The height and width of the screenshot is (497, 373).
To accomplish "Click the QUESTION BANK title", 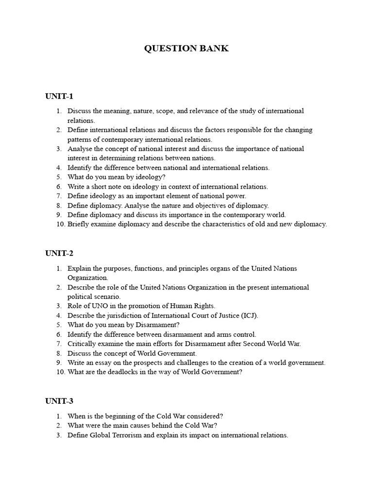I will pyautogui.click(x=186, y=49).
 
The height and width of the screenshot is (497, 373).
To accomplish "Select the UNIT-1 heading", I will pyautogui.click(x=59, y=96).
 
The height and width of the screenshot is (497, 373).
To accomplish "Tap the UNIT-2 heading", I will pyautogui.click(x=59, y=253).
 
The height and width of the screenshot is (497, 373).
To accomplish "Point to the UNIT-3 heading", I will pyautogui.click(x=59, y=401).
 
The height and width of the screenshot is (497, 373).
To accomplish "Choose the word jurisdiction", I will pyautogui.click(x=128, y=315).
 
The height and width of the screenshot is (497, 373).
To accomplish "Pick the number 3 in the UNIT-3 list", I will pyautogui.click(x=58, y=435).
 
